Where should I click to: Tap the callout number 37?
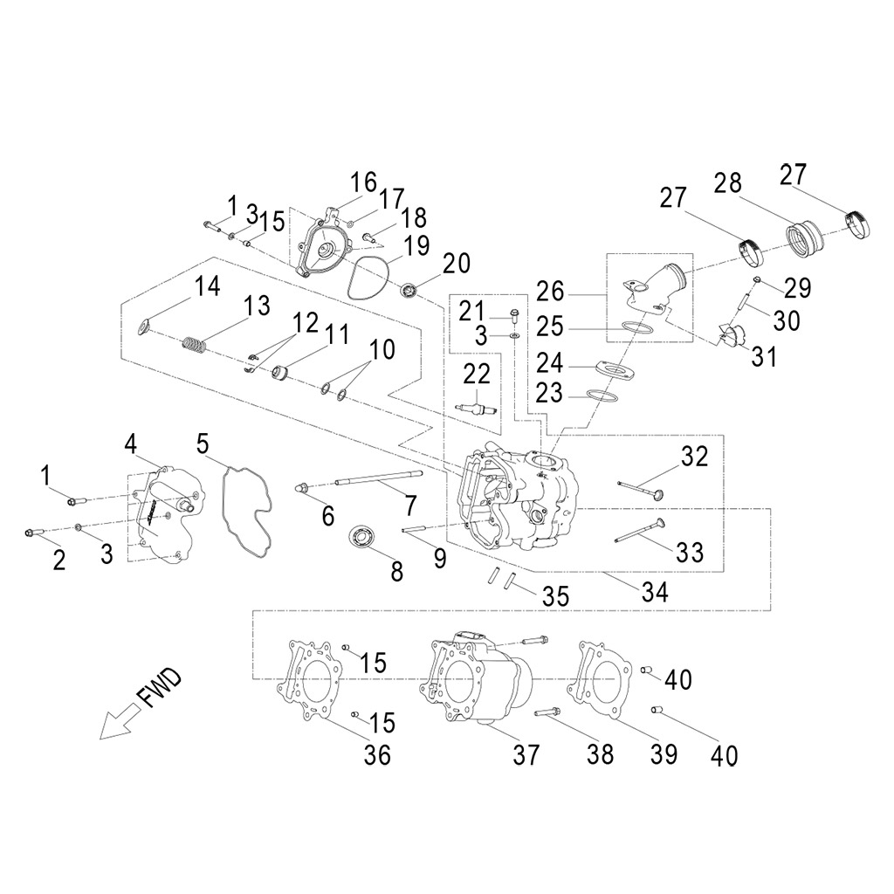tap(527, 754)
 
